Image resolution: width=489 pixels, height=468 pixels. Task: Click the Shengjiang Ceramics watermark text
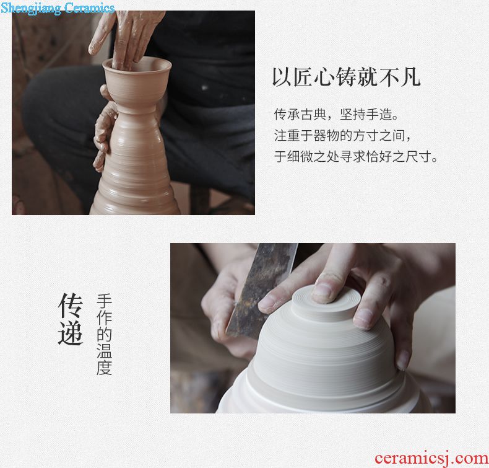pyautogui.click(x=58, y=8)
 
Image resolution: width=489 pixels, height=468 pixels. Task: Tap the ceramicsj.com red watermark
pyautogui.click(x=431, y=458)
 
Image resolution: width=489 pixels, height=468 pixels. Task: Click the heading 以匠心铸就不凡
pyautogui.click(x=347, y=77)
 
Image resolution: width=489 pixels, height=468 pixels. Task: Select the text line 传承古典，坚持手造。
pyautogui.click(x=336, y=115)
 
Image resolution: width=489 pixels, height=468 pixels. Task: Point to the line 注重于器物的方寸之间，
pyautogui.click(x=343, y=136)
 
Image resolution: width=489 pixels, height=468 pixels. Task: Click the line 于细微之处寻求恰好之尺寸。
pyautogui.click(x=356, y=156)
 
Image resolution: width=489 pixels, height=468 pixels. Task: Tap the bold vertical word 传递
pyautogui.click(x=71, y=319)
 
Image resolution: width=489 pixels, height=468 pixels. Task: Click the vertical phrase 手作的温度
pyautogui.click(x=104, y=334)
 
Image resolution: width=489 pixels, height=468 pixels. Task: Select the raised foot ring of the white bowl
pyautogui.click(x=326, y=301)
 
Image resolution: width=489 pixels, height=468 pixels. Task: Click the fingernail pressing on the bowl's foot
pyautogui.click(x=321, y=291)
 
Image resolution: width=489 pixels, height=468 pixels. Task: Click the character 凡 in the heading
pyautogui.click(x=411, y=77)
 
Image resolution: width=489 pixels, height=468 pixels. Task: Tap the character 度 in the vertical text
pyautogui.click(x=104, y=368)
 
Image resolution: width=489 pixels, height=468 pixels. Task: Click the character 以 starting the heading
pyautogui.click(x=282, y=77)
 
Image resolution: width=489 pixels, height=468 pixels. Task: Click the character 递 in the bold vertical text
pyautogui.click(x=71, y=333)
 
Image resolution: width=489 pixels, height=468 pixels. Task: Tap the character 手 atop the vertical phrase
pyautogui.click(x=104, y=301)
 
